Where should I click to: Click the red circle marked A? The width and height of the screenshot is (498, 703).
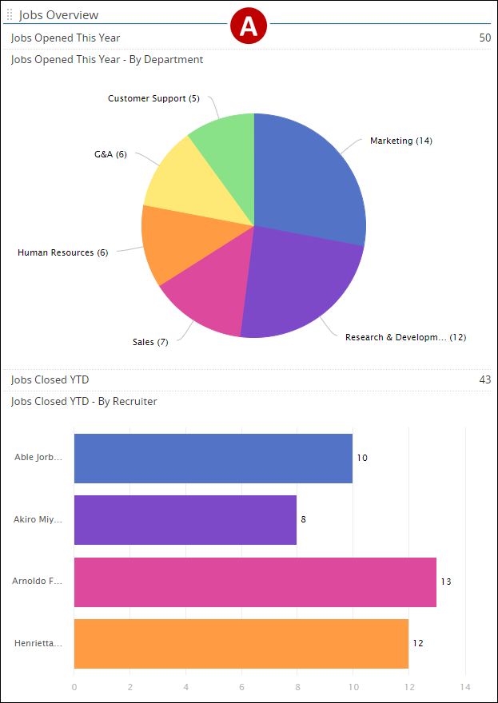pyautogui.click(x=249, y=26)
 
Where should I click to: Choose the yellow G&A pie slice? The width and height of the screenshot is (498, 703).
pyautogui.click(x=188, y=180)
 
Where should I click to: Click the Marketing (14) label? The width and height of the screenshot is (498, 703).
pyautogui.click(x=400, y=141)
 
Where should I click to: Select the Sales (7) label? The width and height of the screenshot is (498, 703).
pyautogui.click(x=150, y=342)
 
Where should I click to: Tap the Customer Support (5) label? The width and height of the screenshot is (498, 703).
pyautogui.click(x=153, y=98)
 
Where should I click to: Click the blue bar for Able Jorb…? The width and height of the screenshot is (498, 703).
pyautogui.click(x=213, y=459)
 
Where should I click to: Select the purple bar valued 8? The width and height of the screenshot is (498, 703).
pyautogui.click(x=185, y=520)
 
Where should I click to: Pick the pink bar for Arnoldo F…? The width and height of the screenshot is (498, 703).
pyautogui.click(x=255, y=582)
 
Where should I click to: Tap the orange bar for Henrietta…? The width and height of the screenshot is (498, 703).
pyautogui.click(x=241, y=643)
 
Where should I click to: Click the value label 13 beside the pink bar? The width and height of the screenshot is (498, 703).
pyautogui.click(x=446, y=582)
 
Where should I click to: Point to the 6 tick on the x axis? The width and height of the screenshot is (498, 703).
pyautogui.click(x=241, y=686)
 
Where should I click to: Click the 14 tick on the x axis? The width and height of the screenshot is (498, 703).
pyautogui.click(x=465, y=686)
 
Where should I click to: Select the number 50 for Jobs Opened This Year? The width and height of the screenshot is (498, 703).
pyautogui.click(x=484, y=38)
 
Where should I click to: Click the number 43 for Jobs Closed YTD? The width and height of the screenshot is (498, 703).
pyautogui.click(x=484, y=379)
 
